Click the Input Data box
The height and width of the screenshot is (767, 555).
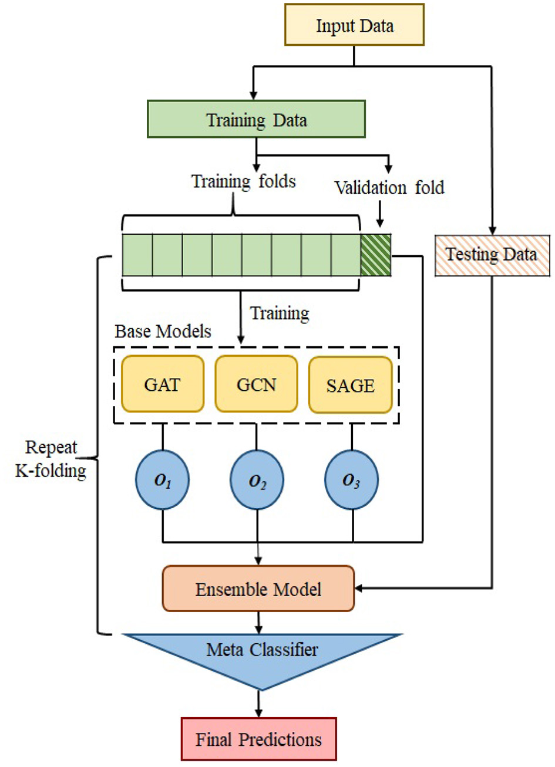[354, 25]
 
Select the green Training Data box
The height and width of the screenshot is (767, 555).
[256, 119]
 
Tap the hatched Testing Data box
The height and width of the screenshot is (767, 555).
[491, 255]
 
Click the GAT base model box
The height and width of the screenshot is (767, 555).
[163, 384]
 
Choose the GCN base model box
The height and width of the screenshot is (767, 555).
[257, 384]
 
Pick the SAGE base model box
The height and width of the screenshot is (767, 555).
[351, 384]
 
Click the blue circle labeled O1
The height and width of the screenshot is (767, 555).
[163, 481]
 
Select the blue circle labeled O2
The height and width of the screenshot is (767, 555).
[257, 481]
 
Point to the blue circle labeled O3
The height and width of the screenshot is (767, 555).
[351, 481]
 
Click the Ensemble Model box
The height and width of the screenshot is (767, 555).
[258, 589]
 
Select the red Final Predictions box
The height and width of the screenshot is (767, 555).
[258, 739]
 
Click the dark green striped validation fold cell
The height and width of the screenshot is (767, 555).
[375, 255]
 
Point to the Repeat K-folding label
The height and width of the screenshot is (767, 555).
[51, 459]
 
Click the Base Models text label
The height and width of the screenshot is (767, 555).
[163, 332]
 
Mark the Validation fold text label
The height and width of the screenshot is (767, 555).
[389, 188]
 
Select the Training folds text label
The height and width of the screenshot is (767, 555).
[244, 181]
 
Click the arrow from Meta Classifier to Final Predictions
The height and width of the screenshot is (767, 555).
[258, 703]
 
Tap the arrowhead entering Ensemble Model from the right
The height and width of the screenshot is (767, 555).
[359, 588]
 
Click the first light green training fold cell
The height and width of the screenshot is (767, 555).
[137, 255]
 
